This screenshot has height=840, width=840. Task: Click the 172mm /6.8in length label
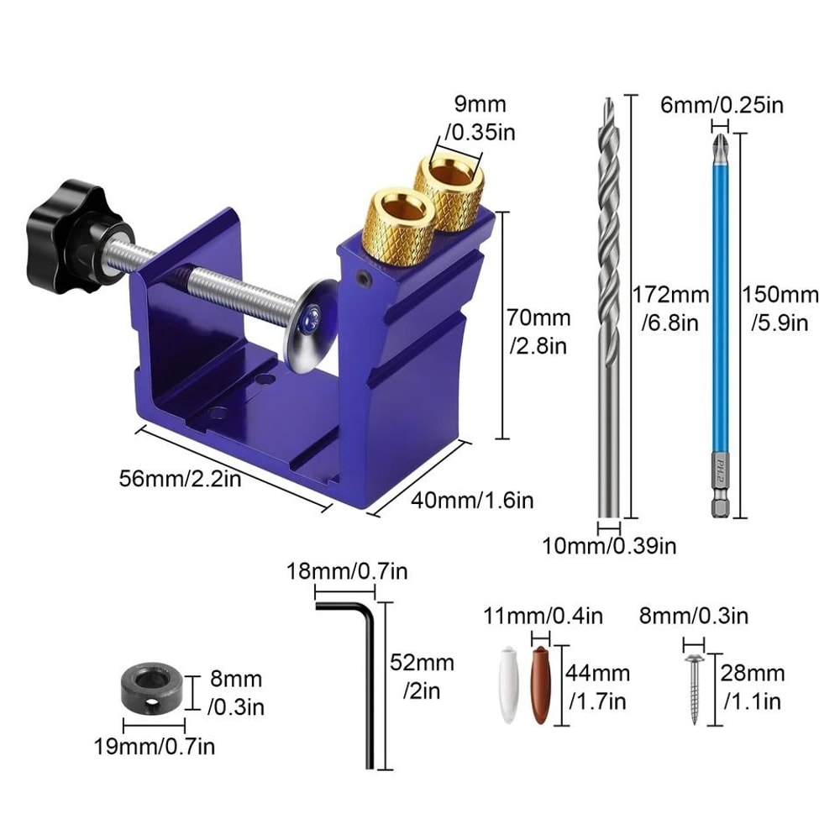(670, 308)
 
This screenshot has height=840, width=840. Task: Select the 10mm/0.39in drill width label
(609, 547)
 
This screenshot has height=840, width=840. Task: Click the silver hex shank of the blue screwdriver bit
(719, 502)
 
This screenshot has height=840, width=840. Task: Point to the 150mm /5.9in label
(780, 308)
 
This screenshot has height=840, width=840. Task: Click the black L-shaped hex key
(366, 672)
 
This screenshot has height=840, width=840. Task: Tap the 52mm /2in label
(422, 676)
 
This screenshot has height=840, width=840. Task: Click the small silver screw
(695, 685)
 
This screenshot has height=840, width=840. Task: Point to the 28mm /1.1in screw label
(752, 686)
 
